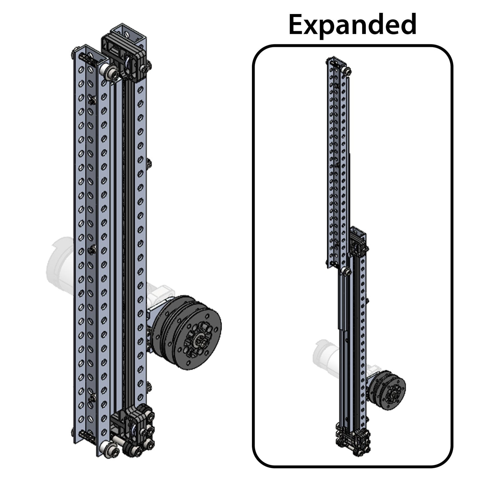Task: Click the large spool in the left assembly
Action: pyautogui.click(x=191, y=332)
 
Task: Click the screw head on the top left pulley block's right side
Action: pyautogui.click(x=149, y=66)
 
